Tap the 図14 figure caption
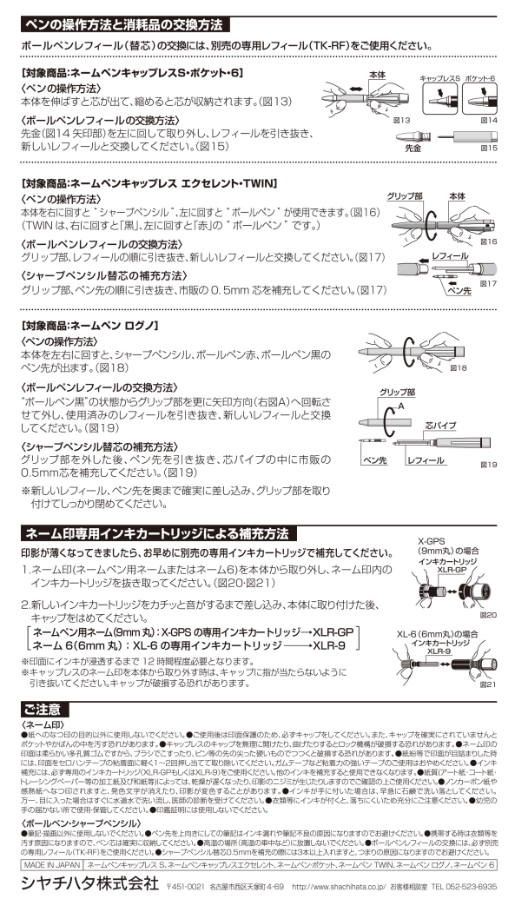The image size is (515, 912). pyautogui.click(x=488, y=120)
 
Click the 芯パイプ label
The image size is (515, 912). pyautogui.click(x=440, y=426)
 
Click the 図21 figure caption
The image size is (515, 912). pyautogui.click(x=488, y=684)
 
